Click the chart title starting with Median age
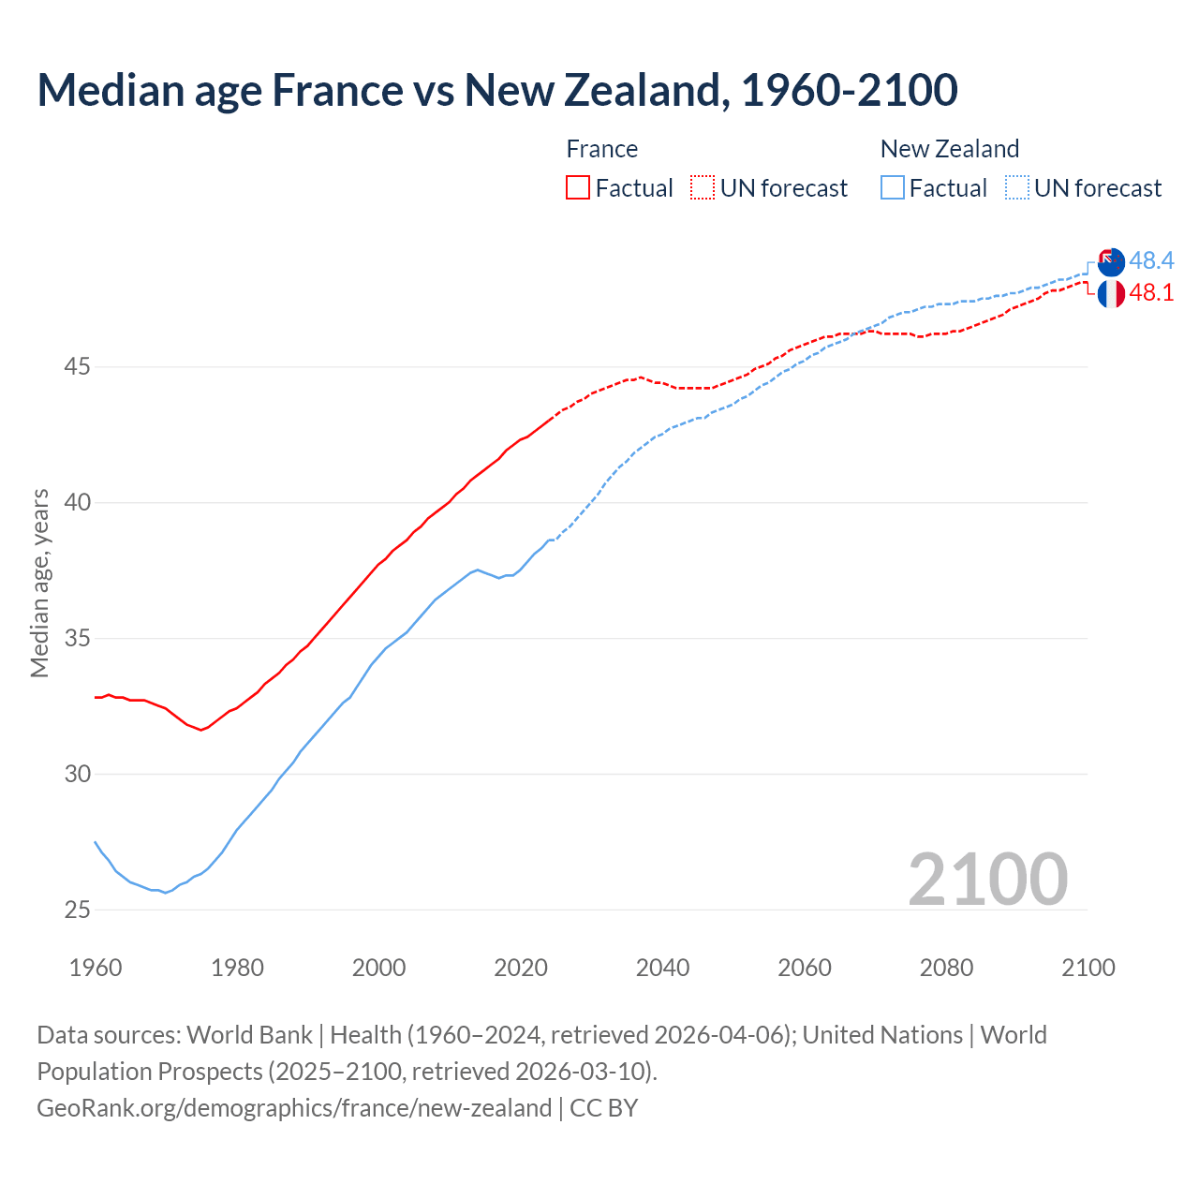point(497,90)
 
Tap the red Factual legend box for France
point(578,187)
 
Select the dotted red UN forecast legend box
point(703,187)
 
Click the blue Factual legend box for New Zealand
point(893,187)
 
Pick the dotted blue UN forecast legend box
point(1017,187)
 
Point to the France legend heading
point(601,149)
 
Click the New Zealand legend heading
point(949,149)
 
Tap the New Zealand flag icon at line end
point(1110,262)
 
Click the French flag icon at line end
point(1110,293)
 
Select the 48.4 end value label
point(1151,260)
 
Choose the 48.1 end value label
point(1151,292)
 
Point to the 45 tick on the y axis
point(77,366)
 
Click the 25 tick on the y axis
point(77,910)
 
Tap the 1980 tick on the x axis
point(237,968)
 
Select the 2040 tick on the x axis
point(662,968)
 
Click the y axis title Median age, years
point(39,583)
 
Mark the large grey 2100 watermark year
point(987,879)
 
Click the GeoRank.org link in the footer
point(294,1108)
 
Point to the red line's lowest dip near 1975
point(200,730)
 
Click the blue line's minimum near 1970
point(166,893)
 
